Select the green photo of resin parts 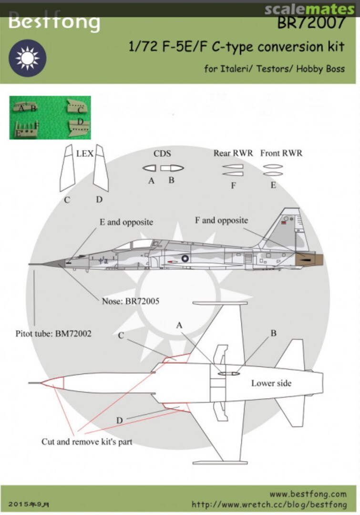click(50, 117)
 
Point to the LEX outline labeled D click(101, 168)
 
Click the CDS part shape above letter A click(152, 168)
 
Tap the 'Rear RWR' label click(233, 154)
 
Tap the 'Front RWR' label click(281, 154)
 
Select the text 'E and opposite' click(126, 222)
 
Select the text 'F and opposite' click(222, 220)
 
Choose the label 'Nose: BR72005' click(130, 301)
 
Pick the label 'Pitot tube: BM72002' click(53, 334)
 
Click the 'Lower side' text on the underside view click(271, 383)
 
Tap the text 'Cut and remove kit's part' click(87, 442)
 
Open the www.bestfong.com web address click(308, 494)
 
